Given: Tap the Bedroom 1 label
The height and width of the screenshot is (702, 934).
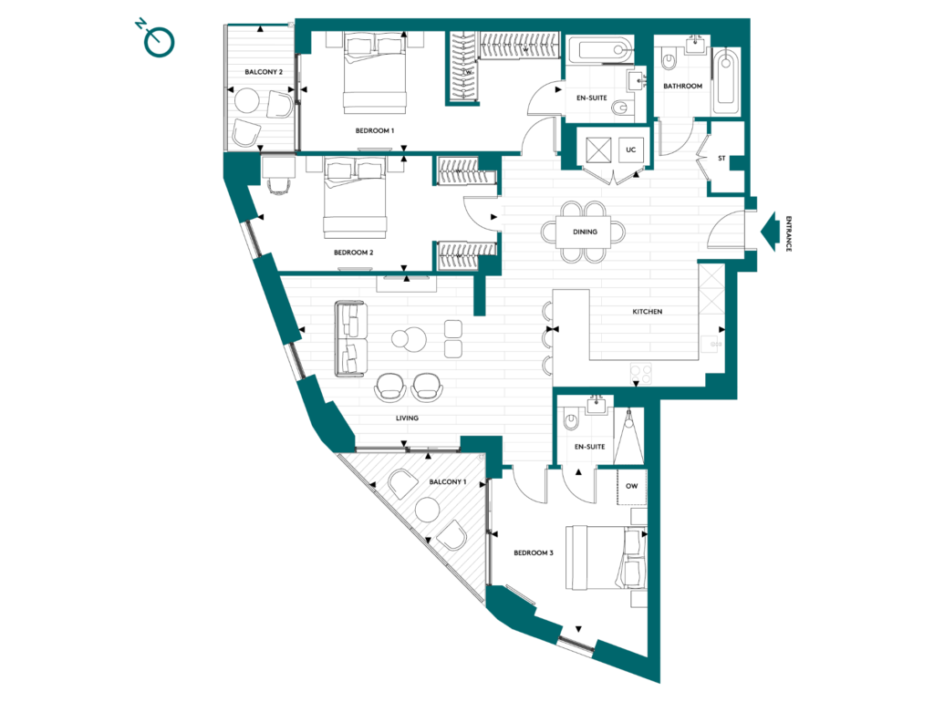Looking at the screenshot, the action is click(375, 130).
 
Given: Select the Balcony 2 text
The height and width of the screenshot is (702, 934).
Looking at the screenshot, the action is click(264, 72).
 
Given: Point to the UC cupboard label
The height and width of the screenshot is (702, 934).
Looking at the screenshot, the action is click(631, 150).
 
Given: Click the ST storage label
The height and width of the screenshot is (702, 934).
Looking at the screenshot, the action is click(721, 159).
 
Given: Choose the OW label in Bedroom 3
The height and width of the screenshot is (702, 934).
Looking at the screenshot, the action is click(631, 486).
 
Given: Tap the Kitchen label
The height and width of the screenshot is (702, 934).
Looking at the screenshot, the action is click(647, 312).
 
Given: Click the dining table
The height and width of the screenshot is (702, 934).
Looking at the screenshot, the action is click(584, 232).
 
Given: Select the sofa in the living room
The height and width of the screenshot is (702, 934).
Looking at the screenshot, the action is click(351, 339).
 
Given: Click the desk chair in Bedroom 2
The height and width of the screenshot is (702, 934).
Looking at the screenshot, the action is click(278, 185).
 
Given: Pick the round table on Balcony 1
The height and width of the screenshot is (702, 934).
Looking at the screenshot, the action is click(428, 510).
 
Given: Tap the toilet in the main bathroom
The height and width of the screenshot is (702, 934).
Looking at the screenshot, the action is click(669, 58).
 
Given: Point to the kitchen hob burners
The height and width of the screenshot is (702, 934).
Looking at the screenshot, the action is click(641, 374).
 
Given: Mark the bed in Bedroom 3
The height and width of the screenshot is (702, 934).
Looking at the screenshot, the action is click(607, 557).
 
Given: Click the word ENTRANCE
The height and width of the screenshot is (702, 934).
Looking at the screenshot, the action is click(789, 233).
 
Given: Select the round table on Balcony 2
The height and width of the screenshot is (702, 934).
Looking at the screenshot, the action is click(246, 100).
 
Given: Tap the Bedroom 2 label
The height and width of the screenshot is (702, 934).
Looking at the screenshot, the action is click(353, 253).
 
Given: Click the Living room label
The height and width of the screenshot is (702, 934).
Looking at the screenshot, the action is click(407, 418).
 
